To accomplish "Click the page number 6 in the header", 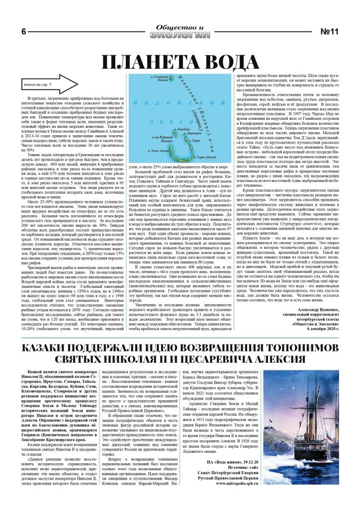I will pos(23,32).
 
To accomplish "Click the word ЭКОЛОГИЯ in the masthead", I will pos(179,34).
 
